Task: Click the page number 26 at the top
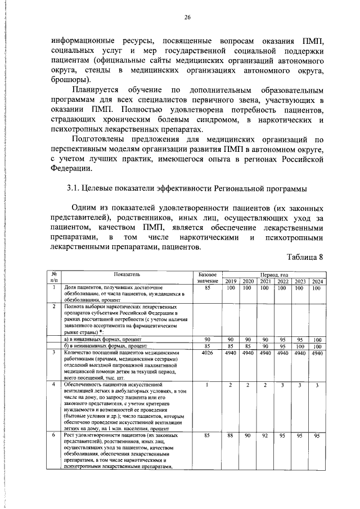point(188,17)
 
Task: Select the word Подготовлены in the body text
point(103,139)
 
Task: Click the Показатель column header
point(125,274)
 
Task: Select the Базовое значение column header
point(208,277)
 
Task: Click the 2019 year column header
point(231,281)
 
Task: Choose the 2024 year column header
point(317,281)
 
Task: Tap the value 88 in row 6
point(231,435)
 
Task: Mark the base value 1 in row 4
point(208,385)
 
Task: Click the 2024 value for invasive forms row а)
point(317,340)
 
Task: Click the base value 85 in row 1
point(208,288)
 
